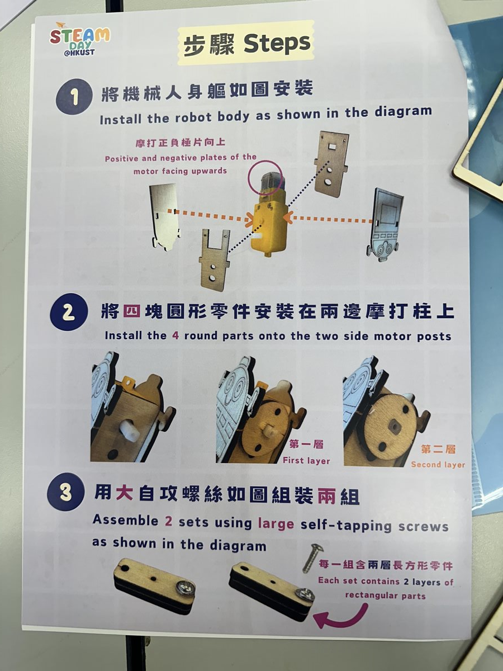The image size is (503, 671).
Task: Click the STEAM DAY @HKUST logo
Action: [79, 40]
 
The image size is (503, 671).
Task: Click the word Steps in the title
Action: [277, 43]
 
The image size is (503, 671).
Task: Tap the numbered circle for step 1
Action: [74, 97]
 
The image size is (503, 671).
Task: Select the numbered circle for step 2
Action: [69, 312]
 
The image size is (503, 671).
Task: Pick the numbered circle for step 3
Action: [65, 492]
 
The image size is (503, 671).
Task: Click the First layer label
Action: [306, 460]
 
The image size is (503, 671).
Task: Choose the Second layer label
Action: [438, 464]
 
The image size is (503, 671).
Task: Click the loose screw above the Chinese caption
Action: [312, 557]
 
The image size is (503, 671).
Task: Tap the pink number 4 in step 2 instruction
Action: [175, 335]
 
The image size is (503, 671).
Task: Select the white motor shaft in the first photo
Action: [130, 431]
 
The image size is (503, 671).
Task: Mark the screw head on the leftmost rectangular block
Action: [184, 587]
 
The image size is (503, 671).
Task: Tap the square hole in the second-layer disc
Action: [393, 424]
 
